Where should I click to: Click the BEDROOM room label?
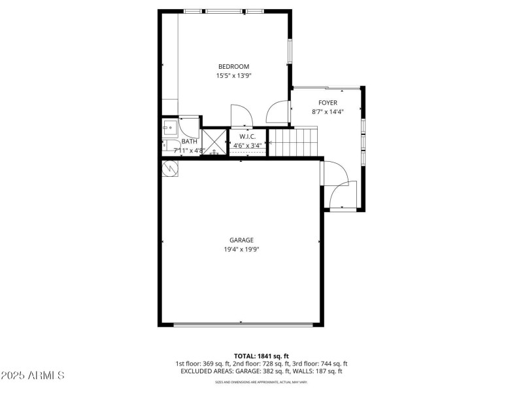(x=233, y=66)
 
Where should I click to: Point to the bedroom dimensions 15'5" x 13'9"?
(x=233, y=76)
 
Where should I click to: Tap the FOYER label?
(x=328, y=102)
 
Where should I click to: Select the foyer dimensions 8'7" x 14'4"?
(x=328, y=112)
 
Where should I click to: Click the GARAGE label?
(x=241, y=240)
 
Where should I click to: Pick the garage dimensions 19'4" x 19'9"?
(x=241, y=250)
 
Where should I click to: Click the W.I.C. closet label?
(x=248, y=136)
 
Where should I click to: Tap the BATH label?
(x=189, y=141)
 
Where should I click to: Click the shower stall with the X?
(x=214, y=142)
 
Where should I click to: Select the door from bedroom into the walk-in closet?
(x=240, y=115)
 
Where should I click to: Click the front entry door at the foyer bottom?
(x=341, y=196)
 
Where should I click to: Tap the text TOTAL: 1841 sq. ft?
(x=261, y=356)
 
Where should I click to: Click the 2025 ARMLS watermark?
(x=33, y=376)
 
